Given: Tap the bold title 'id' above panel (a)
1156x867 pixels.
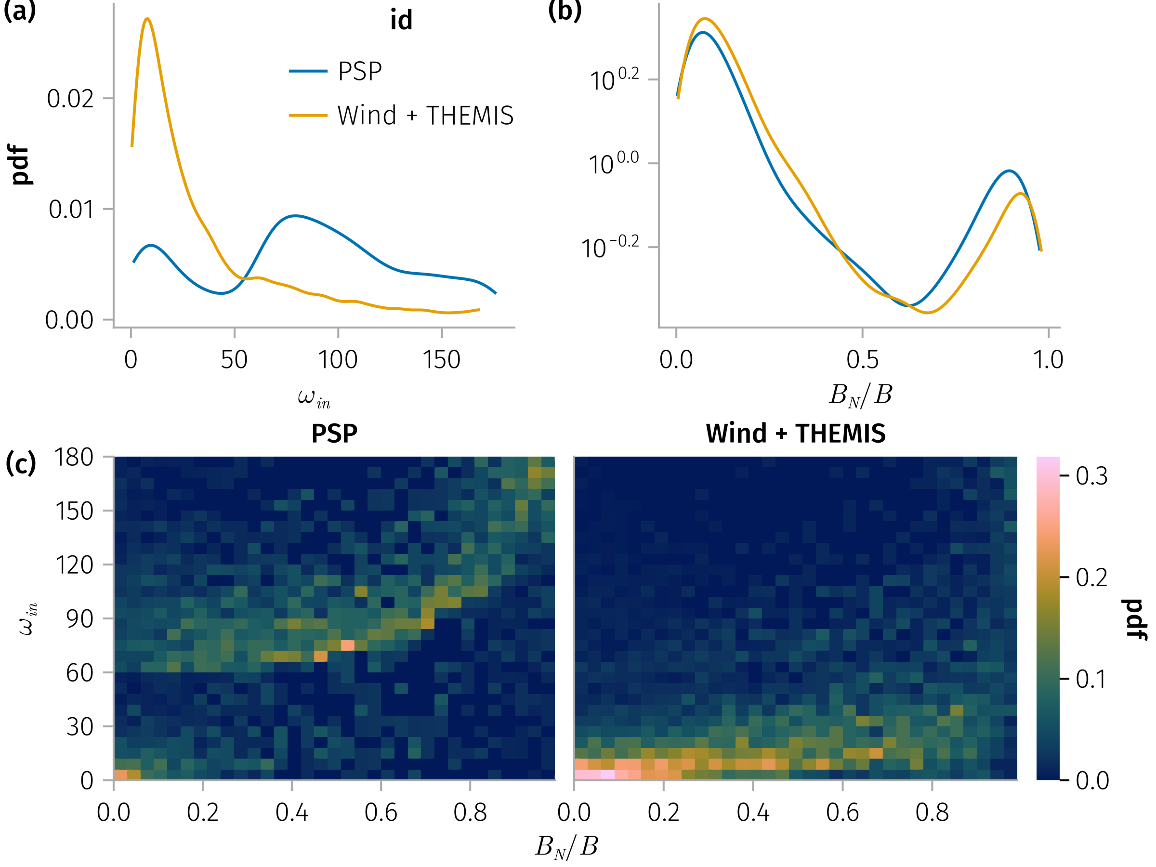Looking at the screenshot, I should click(401, 20).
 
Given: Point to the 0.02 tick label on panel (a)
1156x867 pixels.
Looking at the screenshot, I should click(70, 99).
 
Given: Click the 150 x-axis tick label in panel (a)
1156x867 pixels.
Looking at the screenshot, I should click(442, 359).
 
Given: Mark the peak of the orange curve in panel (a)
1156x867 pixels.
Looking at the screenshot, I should click(147, 19).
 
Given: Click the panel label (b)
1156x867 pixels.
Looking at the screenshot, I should click(565, 11).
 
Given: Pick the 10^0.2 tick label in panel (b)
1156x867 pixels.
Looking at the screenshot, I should click(614, 80).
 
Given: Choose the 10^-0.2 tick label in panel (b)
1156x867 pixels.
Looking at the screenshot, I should click(610, 248).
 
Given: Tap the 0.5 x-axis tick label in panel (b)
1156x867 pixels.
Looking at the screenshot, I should click(862, 359).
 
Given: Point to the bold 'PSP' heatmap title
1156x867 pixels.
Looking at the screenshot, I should click(334, 433).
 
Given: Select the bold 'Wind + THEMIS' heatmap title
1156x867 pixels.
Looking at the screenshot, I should click(795, 433).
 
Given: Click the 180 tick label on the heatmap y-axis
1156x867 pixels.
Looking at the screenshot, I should click(74, 457).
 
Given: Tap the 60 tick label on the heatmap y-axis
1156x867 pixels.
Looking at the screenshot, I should click(79, 672).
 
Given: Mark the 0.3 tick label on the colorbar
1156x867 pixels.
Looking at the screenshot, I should click(1091, 476).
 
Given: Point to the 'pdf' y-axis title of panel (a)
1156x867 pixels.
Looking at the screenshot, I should click(21, 165).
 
